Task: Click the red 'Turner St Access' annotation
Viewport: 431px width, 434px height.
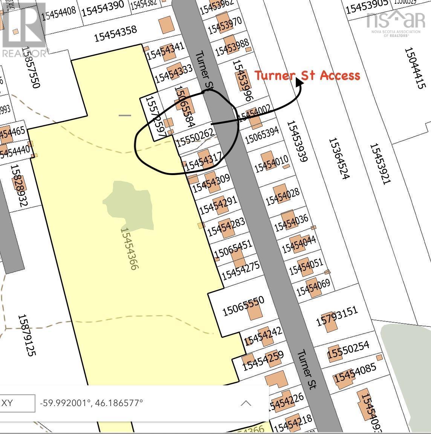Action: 307,75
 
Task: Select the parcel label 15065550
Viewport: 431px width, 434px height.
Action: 243,306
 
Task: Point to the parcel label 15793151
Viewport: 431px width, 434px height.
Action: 336,317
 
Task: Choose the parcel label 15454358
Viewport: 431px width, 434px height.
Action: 115,33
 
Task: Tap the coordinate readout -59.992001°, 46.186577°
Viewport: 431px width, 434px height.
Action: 92,403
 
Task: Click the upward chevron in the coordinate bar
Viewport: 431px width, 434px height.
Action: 246,403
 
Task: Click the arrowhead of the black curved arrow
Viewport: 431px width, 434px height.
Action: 300,80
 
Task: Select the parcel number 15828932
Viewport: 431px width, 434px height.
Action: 19,185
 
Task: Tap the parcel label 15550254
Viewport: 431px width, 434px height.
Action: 348,350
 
